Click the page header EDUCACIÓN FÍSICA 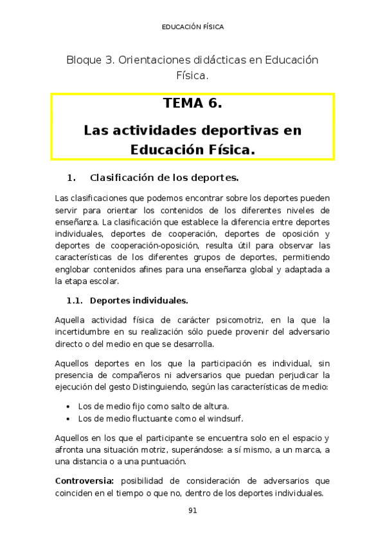pos(192,27)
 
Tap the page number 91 pos(192,511)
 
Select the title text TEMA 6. pos(192,103)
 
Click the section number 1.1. pos(76,300)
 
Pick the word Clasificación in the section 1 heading pos(123,177)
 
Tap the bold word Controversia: pos(85,480)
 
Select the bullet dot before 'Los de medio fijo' pos(68,406)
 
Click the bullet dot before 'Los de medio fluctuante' pos(68,418)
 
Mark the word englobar pos(74,269)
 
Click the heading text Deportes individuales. pos(139,300)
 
